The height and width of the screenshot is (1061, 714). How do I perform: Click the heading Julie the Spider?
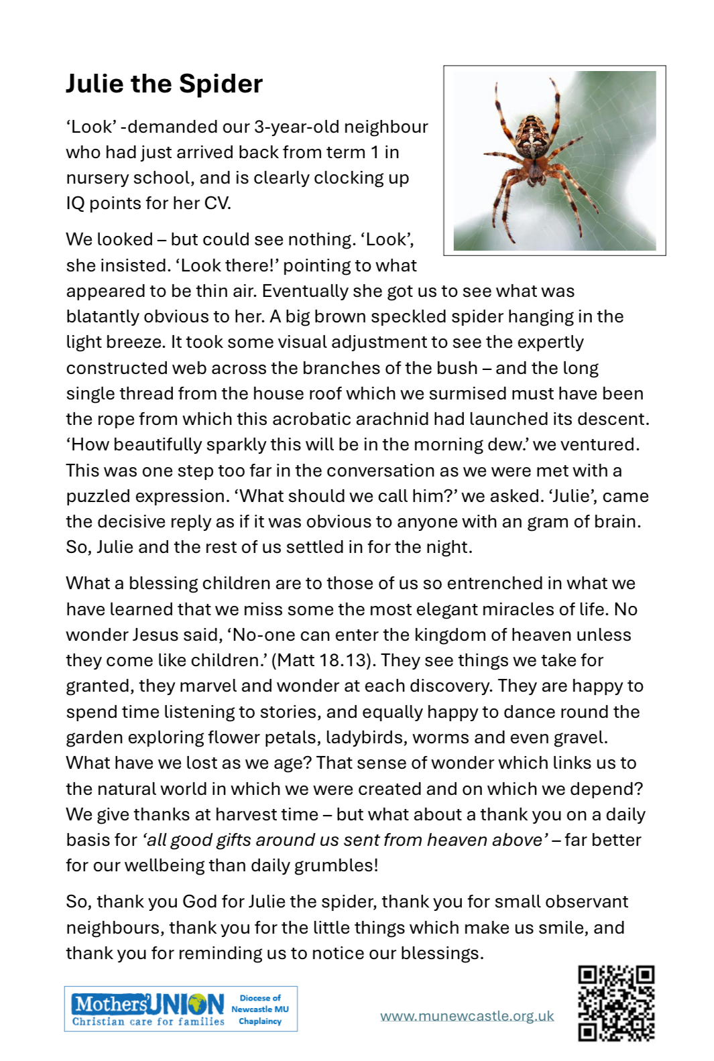(x=164, y=84)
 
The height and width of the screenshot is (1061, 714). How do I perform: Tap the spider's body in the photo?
(x=536, y=144)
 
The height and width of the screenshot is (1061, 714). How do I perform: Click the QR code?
(x=616, y=1003)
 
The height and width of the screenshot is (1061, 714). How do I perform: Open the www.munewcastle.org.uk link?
(x=467, y=1016)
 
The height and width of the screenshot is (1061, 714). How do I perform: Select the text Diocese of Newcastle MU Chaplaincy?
(x=260, y=1009)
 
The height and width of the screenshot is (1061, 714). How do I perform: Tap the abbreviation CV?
(x=216, y=203)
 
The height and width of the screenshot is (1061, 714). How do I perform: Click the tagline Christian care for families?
(x=148, y=1021)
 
